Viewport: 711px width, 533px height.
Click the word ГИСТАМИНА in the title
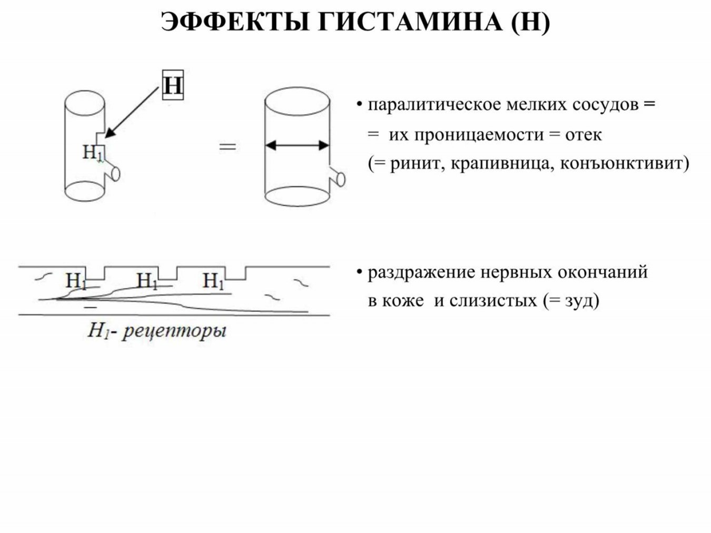pos(410,22)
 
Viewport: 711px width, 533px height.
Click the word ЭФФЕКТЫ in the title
pos(234,22)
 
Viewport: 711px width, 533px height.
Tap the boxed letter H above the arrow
pos(173,85)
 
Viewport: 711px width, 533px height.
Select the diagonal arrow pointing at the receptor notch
pos(132,112)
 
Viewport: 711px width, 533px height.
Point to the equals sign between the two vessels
pos(228,147)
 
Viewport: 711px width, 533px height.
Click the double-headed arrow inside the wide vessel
pos(297,145)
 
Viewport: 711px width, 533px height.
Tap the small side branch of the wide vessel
pos(338,177)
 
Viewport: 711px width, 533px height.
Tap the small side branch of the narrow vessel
pos(112,171)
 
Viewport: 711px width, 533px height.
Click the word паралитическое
pos(434,105)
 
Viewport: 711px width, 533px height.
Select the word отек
pos(584,135)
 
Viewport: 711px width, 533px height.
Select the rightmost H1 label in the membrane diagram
pos(213,281)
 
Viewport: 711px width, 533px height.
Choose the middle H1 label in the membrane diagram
pos(147,281)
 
